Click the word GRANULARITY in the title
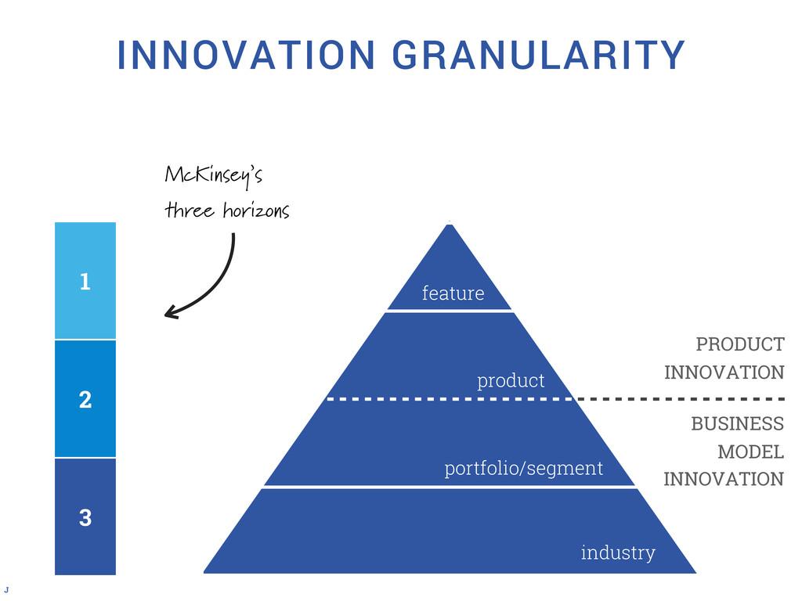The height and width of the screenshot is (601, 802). (x=538, y=55)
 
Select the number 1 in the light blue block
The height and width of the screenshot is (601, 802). (x=85, y=282)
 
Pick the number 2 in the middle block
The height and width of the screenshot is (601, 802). (x=85, y=401)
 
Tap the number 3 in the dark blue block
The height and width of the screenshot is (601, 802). (x=85, y=517)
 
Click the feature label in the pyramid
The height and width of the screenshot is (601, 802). (x=453, y=293)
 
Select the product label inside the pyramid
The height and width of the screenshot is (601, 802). (x=511, y=381)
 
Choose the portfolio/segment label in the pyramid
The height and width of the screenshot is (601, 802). (x=524, y=469)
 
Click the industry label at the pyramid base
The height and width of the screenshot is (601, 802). (x=618, y=553)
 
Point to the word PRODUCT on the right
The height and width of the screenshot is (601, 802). (x=739, y=344)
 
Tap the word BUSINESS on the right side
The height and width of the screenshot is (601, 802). (x=737, y=424)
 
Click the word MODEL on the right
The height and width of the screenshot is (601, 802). (x=750, y=452)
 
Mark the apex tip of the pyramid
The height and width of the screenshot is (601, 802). (x=450, y=226)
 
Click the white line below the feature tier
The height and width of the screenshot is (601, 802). (x=449, y=311)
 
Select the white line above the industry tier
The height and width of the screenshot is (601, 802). (x=449, y=487)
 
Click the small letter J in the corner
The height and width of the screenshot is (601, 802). (x=7, y=588)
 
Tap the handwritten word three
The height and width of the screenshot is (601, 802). (x=184, y=211)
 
